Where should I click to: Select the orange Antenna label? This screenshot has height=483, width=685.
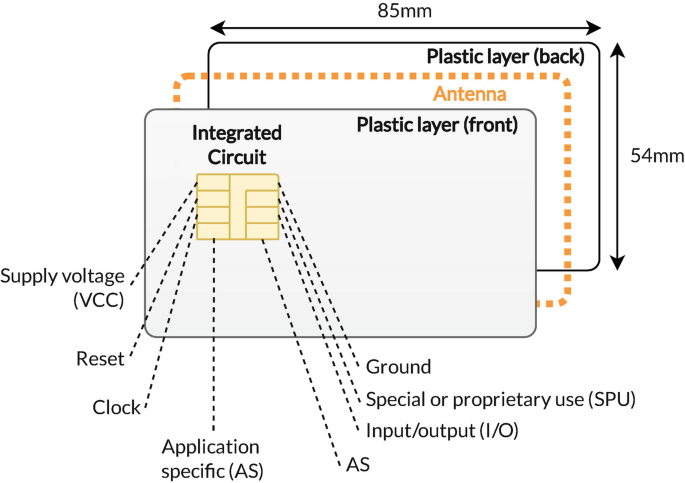pos(469,95)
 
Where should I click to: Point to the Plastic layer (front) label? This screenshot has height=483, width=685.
pos(437,125)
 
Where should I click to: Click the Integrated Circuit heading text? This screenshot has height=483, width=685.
pos(237,144)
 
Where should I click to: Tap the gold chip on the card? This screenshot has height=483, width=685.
pos(238,207)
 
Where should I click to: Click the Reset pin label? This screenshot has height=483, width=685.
pos(99,357)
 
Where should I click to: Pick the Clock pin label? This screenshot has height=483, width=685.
pos(118,408)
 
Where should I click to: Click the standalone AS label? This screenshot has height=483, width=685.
pos(356,465)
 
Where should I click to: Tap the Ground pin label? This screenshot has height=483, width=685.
pos(398,367)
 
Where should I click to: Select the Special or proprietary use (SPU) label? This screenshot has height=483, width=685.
pos(500,399)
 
